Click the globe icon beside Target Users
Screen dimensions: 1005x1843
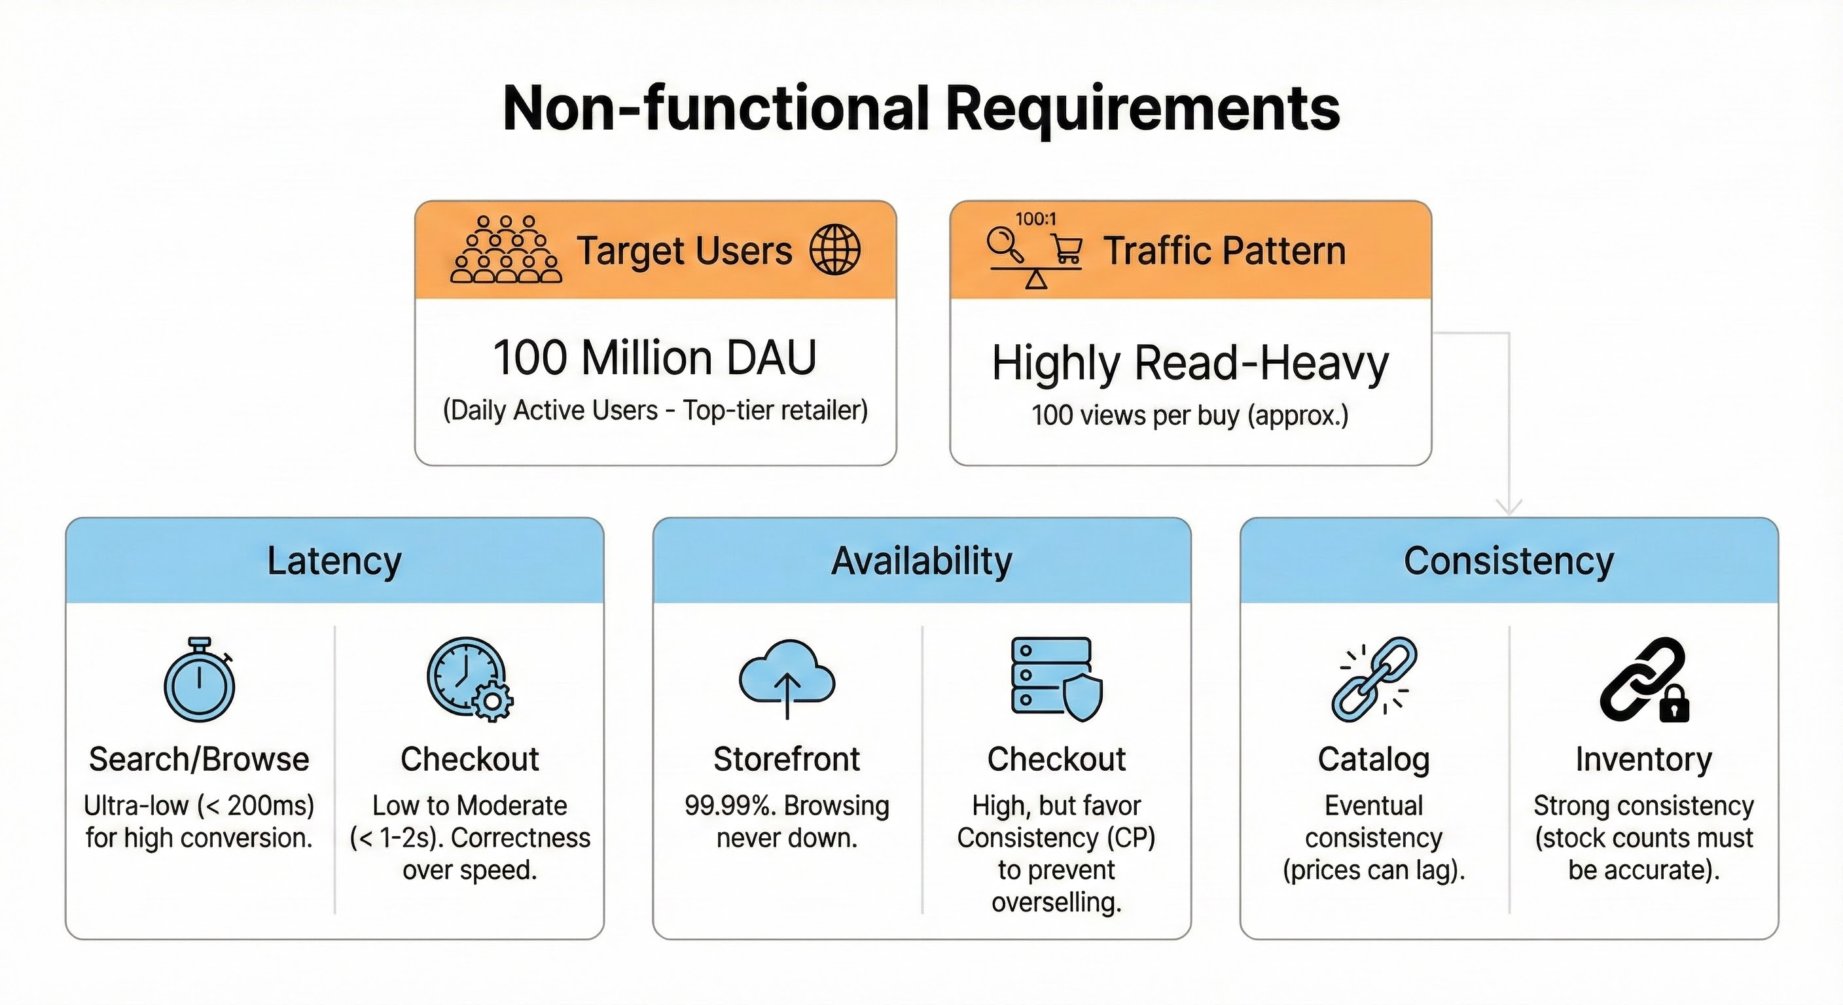tap(834, 250)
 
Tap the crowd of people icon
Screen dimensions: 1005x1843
tap(506, 250)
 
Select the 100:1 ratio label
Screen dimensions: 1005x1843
tap(1035, 219)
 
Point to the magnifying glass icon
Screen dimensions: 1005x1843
tap(1005, 244)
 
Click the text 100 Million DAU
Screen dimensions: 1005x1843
tap(654, 358)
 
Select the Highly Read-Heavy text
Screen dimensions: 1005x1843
tap(1190, 363)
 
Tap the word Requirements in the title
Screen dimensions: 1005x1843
tap(1143, 109)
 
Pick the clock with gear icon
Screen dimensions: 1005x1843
tap(469, 679)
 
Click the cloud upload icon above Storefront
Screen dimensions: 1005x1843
tap(786, 679)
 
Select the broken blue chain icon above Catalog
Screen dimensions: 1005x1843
tap(1373, 679)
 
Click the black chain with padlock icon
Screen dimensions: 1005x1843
tap(1644, 680)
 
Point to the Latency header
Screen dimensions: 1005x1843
tap(334, 561)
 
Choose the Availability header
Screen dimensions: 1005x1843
tap(921, 561)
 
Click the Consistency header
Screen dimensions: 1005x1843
tap(1509, 561)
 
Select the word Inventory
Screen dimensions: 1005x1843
tap(1643, 759)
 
